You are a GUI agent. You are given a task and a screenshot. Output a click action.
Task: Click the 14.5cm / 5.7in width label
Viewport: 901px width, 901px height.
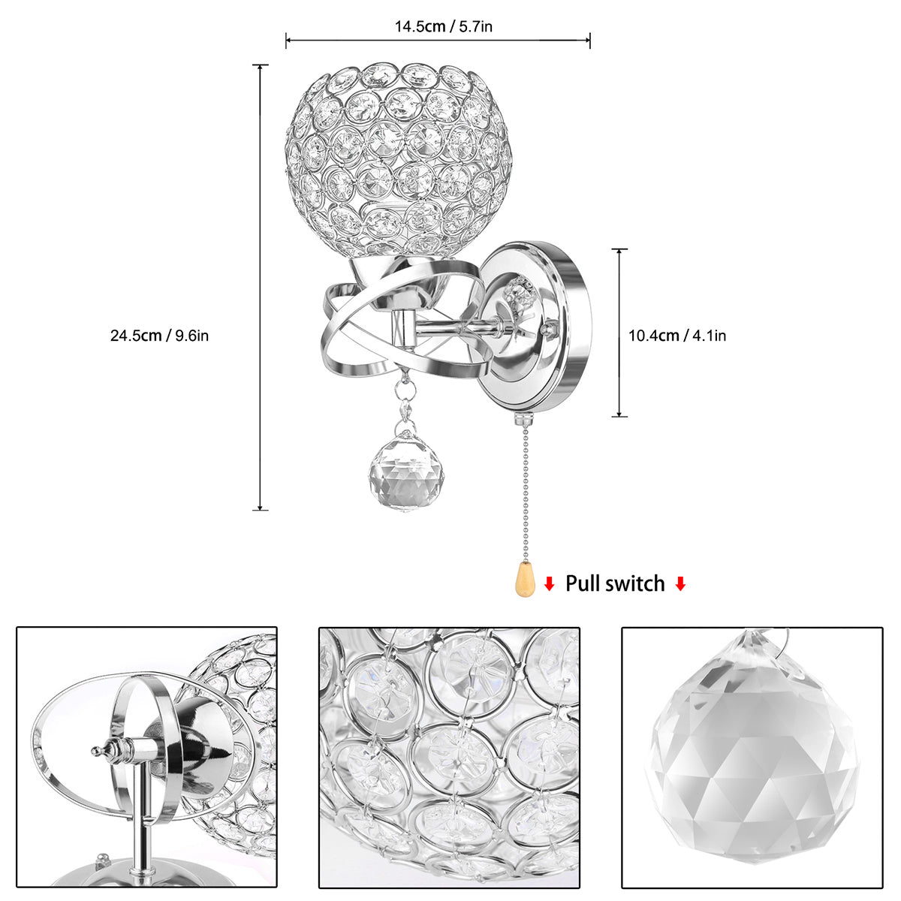[443, 27]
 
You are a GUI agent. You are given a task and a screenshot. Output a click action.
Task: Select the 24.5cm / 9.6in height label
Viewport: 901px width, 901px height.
[159, 336]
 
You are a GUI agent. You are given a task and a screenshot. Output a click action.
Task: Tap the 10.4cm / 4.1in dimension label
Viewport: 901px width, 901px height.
[677, 336]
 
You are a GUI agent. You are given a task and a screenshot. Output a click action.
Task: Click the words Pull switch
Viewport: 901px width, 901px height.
[615, 583]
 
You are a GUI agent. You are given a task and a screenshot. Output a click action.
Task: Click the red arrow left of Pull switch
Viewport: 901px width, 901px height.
[550, 584]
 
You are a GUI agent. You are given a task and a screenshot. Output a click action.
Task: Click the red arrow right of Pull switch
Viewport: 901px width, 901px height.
[680, 584]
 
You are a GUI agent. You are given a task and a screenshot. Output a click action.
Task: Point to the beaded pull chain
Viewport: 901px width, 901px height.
[523, 488]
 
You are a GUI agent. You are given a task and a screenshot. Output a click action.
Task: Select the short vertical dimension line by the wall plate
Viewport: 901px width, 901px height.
[619, 333]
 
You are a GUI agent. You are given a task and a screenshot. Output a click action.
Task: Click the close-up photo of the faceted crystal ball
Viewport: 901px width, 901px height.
[752, 758]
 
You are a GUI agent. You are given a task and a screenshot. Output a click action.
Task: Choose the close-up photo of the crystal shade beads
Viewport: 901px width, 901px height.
[449, 758]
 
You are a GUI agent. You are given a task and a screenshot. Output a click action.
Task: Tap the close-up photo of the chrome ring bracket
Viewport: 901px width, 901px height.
[147, 758]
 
